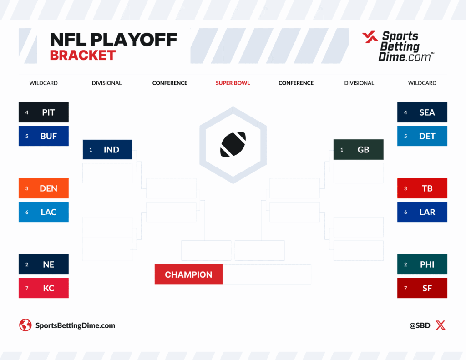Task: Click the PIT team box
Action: tap(44, 112)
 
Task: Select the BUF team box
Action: tap(44, 136)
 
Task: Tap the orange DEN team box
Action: tap(44, 188)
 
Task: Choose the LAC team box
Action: tap(44, 212)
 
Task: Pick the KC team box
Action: tap(44, 288)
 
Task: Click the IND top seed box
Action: tap(107, 150)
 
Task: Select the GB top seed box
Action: tap(359, 150)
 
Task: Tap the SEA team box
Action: tap(422, 112)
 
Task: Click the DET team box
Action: tap(422, 136)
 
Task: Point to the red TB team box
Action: tap(422, 188)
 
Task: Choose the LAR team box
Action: tap(422, 212)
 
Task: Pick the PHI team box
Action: tap(422, 264)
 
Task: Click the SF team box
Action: tap(422, 288)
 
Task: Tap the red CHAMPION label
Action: tap(188, 274)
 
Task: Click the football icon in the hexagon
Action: tap(233, 144)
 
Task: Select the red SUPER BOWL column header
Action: tap(233, 83)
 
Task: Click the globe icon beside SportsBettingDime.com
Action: tap(25, 325)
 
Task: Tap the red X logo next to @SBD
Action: tap(441, 325)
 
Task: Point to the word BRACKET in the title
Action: tap(83, 56)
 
